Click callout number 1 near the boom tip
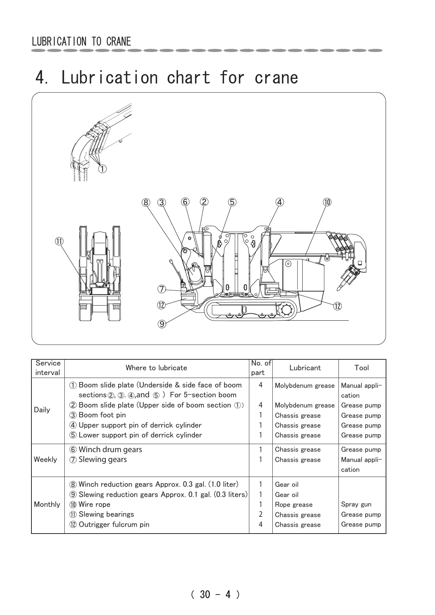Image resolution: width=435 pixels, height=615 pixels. pyautogui.click(x=103, y=169)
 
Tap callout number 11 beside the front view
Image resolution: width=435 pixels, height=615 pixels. pyautogui.click(x=59, y=241)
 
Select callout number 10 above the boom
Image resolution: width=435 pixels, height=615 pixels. pyautogui.click(x=327, y=202)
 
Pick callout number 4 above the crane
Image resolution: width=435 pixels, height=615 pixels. pyautogui.click(x=280, y=202)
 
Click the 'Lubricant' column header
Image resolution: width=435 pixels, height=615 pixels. pyautogui.click(x=305, y=368)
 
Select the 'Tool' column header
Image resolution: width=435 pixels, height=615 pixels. pyautogui.click(x=362, y=368)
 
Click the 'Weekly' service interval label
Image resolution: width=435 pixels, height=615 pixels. pyautogui.click(x=45, y=459)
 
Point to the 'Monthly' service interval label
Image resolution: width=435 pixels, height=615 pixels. pyautogui.click(x=47, y=504)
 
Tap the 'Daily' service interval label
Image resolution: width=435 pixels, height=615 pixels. pyautogui.click(x=42, y=410)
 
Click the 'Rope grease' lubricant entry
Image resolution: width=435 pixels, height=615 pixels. pyautogui.click(x=294, y=505)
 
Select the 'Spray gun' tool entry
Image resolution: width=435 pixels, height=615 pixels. pyautogui.click(x=356, y=504)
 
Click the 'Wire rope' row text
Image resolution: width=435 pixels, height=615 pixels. pyautogui.click(x=94, y=504)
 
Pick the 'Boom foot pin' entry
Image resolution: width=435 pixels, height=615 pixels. pyautogui.click(x=102, y=415)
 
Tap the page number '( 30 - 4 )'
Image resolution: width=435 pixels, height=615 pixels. pyautogui.click(x=215, y=595)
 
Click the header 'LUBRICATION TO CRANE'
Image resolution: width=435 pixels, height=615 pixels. pyautogui.click(x=81, y=42)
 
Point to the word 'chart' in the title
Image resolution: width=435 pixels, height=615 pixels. pyautogui.click(x=189, y=77)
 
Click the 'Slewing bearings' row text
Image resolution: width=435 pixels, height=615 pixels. pyautogui.click(x=106, y=514)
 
